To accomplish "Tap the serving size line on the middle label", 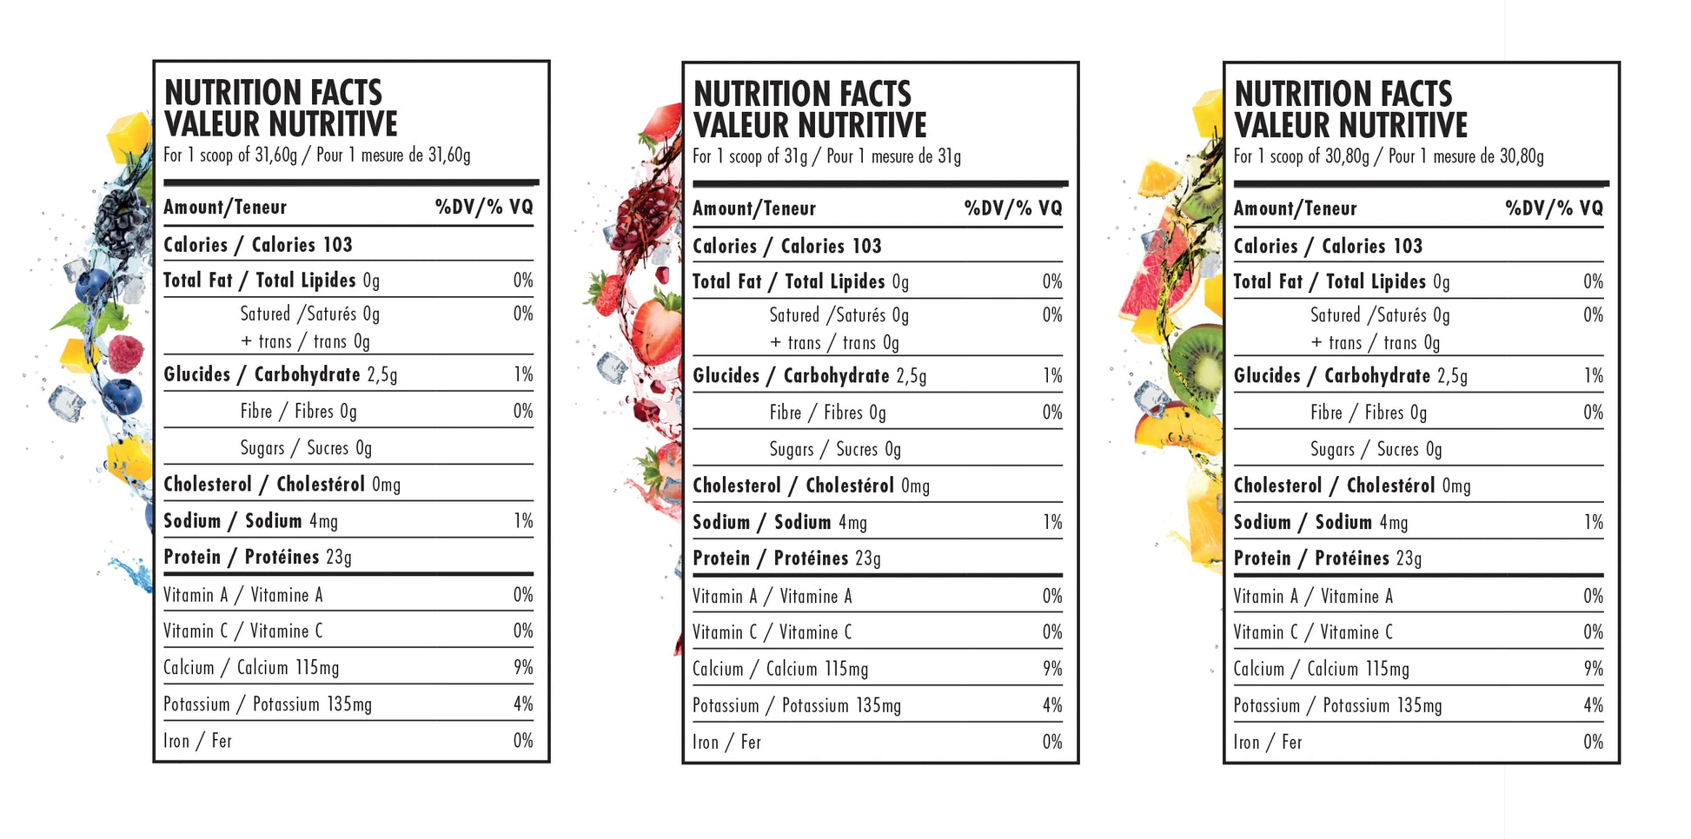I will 826,157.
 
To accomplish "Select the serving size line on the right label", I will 1388,157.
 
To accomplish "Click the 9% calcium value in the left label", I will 523,667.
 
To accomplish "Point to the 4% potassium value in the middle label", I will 1052,705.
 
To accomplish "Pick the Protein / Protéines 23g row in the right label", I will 1327,558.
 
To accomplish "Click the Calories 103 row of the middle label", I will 786,247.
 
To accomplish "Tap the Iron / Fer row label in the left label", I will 197,741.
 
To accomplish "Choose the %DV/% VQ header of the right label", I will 1554,208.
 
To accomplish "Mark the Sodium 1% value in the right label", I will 1593,522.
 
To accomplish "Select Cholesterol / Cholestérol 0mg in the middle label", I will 810,486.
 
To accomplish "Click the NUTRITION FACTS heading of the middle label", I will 801,94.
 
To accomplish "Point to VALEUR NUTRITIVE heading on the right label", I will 1350,126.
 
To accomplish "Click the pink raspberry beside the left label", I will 126,353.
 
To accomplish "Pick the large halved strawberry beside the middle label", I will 658,329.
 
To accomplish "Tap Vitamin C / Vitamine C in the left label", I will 242,631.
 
